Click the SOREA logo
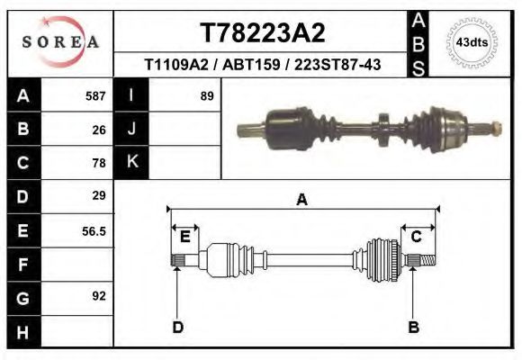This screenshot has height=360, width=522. (59, 42)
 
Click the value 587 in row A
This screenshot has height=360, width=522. (95, 95)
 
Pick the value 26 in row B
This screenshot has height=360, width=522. (99, 129)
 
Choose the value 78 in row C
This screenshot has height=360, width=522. (99, 163)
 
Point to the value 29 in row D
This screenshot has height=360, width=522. (99, 195)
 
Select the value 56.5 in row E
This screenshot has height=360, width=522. (94, 230)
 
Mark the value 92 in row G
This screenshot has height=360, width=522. (99, 296)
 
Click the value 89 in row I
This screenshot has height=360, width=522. (206, 95)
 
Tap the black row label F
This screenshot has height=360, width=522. (23, 265)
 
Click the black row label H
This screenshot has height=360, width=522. (23, 332)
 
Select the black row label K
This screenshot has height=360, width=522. (131, 162)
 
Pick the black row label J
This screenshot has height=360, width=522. (131, 129)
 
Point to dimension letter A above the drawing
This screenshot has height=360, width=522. (301, 200)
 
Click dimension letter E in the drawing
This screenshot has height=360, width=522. (184, 237)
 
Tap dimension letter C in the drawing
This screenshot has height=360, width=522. (417, 237)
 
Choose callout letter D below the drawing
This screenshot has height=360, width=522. (178, 327)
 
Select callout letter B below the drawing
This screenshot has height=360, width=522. (414, 327)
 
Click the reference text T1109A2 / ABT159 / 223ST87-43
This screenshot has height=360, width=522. (262, 65)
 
